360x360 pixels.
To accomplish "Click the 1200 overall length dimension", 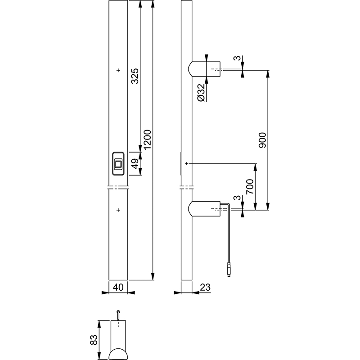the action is [x=148, y=139].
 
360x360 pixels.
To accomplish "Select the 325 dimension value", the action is [x=135, y=76].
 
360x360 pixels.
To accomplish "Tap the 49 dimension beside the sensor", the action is [x=135, y=163].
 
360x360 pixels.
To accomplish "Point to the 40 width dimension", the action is [x=118, y=287].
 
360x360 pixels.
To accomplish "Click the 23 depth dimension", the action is [x=205, y=287].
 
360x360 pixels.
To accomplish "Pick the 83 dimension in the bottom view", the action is [x=94, y=340].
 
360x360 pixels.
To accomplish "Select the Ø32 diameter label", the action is [x=201, y=93].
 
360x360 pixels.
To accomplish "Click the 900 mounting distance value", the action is [x=262, y=140].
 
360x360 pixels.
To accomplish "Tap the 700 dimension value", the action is [x=250, y=187].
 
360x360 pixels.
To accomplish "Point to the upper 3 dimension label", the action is [x=238, y=58].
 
